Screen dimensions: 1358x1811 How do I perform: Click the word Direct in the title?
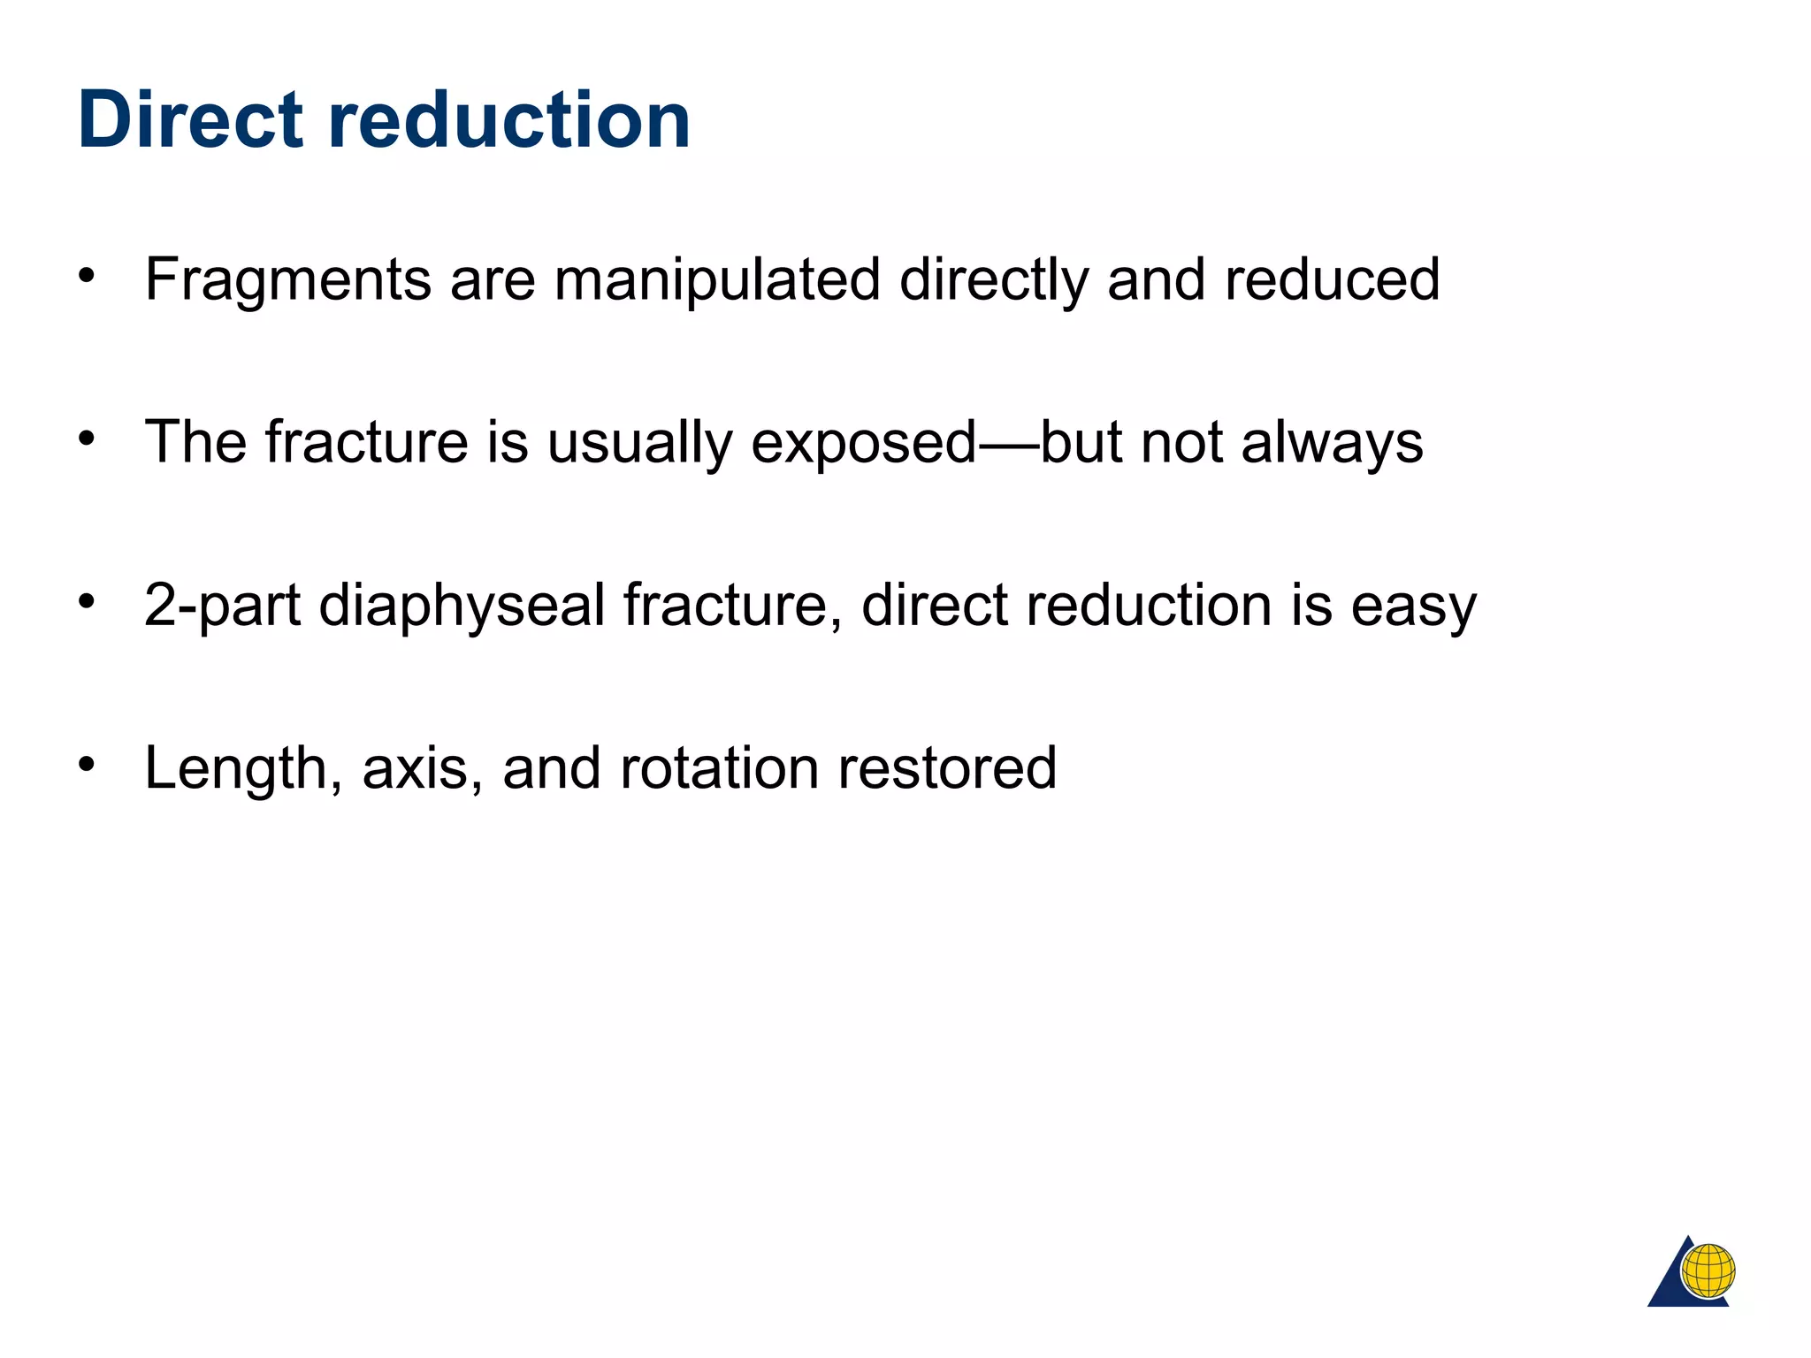pyautogui.click(x=191, y=120)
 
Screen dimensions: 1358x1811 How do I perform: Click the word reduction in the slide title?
pyautogui.click(x=509, y=120)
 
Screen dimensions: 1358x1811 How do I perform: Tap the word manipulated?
pyautogui.click(x=717, y=279)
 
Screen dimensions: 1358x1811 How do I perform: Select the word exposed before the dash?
pyautogui.click(x=863, y=443)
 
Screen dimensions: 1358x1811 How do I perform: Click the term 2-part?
pyautogui.click(x=222, y=607)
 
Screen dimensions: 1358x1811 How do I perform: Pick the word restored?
pyautogui.click(x=947, y=767)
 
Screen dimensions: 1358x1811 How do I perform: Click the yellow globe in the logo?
pyautogui.click(x=1708, y=1271)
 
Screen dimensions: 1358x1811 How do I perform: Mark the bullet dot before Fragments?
pyautogui.click(x=86, y=275)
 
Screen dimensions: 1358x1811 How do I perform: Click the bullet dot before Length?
pyautogui.click(x=86, y=763)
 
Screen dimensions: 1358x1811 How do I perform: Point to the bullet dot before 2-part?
pyautogui.click(x=86, y=601)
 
